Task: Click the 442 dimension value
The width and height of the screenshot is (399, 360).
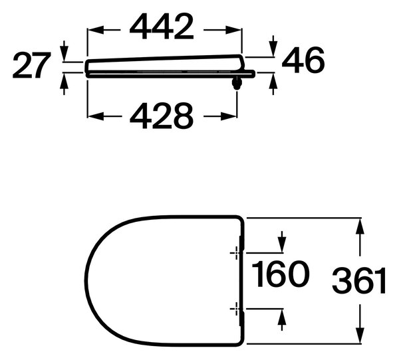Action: click(162, 27)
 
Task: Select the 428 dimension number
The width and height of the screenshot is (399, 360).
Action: click(162, 116)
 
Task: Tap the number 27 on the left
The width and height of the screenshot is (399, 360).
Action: click(31, 65)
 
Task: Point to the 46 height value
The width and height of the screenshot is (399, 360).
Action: click(303, 60)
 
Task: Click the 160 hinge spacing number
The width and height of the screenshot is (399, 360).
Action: click(280, 274)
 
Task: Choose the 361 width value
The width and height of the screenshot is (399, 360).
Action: click(359, 280)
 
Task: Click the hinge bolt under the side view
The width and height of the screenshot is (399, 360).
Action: click(237, 83)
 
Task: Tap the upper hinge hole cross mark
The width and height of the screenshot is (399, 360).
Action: click(235, 253)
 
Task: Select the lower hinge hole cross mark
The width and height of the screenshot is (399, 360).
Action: click(235, 309)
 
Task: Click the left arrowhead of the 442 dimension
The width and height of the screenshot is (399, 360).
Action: click(95, 30)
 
